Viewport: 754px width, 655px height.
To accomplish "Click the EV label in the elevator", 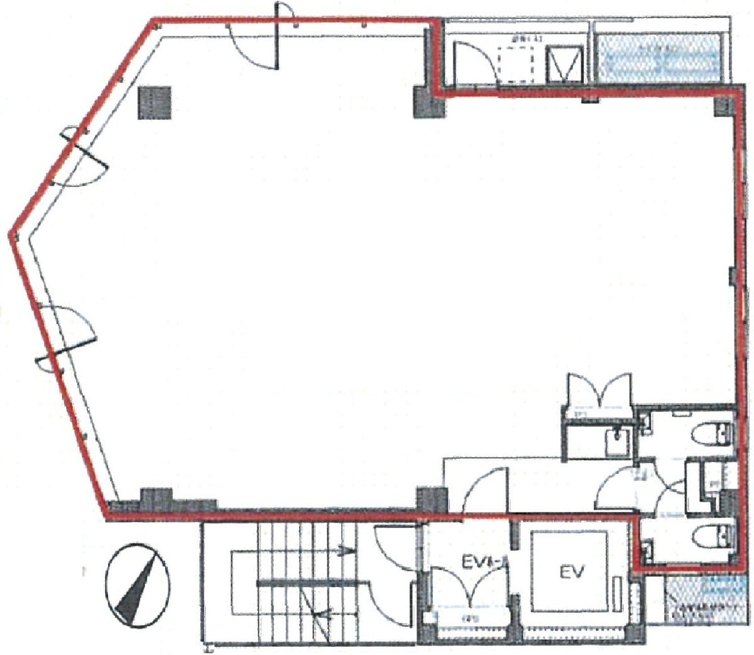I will click(x=572, y=572).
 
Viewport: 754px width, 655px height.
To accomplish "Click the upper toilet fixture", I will click(x=713, y=434).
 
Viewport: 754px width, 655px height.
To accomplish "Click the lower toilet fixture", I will click(x=713, y=536).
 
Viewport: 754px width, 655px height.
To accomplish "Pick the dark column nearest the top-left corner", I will click(x=155, y=102).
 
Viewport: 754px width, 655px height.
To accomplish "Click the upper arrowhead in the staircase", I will click(x=343, y=552).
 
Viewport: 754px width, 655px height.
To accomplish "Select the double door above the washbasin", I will click(x=599, y=392).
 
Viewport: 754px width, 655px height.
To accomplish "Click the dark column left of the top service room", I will click(x=429, y=104).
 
